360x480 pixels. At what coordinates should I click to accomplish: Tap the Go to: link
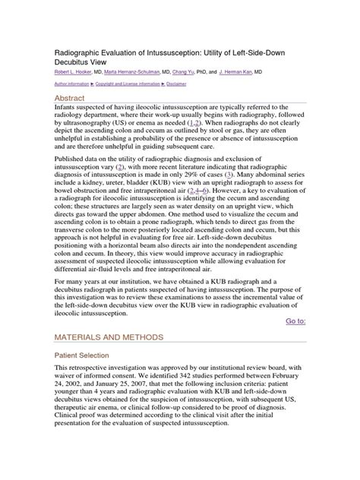coord(295,321)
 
